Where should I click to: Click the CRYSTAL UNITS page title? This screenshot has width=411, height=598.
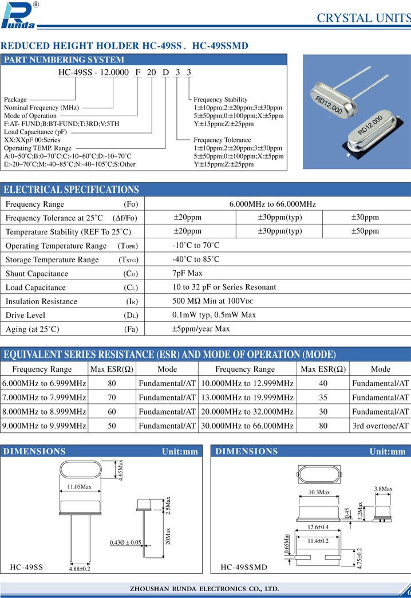(363, 18)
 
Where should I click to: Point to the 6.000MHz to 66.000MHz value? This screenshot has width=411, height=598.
(272, 204)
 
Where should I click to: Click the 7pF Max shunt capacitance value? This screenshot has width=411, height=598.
(187, 273)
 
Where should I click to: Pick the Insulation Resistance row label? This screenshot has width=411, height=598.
(41, 301)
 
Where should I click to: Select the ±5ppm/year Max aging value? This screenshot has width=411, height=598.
(201, 329)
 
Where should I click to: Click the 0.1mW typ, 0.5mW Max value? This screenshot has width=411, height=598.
(214, 315)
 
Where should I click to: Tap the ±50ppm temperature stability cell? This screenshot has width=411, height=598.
(365, 231)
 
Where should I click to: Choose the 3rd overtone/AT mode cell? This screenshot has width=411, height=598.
(381, 426)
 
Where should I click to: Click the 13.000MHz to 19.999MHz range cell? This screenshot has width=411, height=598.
(247, 398)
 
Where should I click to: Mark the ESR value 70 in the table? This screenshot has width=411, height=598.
(112, 398)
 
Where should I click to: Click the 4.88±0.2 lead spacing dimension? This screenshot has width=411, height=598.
(80, 569)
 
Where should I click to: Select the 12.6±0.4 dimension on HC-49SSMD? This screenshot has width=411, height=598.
(318, 527)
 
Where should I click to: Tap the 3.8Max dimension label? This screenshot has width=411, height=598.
(383, 489)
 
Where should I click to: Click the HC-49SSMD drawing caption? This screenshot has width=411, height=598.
(244, 568)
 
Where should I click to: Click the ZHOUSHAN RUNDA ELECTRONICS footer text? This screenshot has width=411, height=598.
(204, 588)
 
